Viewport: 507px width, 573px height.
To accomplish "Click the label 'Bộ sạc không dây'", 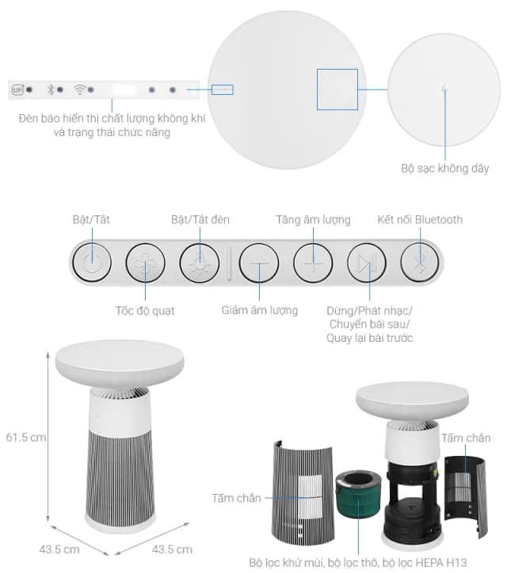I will [x=444, y=169].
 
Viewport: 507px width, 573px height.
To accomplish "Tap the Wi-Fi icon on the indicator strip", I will [x=79, y=89].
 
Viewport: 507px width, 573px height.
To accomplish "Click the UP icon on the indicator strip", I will [x=17, y=90].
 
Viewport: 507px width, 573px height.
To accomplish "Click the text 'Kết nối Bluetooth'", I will [x=419, y=219].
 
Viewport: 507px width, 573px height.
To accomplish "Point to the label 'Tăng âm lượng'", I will [x=313, y=219].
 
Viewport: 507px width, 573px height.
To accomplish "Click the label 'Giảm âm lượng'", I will [x=259, y=310].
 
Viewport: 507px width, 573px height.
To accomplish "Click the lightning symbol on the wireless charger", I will [x=444, y=89].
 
